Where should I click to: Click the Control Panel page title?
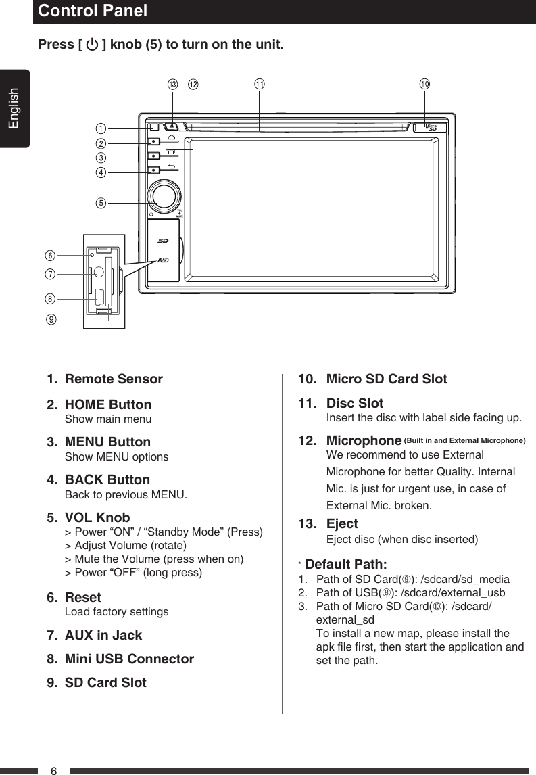click(93, 11)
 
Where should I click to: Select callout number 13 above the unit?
click(172, 85)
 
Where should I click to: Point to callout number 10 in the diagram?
click(424, 85)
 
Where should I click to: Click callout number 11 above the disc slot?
click(260, 85)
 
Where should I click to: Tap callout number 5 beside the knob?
click(101, 202)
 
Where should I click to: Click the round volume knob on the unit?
click(164, 195)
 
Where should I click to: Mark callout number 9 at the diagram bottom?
click(51, 319)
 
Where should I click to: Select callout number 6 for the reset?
click(51, 256)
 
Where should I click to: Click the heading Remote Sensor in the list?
click(114, 379)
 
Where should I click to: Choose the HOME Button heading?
click(108, 405)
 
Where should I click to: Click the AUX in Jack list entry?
click(103, 636)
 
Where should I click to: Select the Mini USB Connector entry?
click(129, 659)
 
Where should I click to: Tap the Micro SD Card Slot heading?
click(387, 379)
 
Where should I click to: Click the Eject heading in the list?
click(342, 524)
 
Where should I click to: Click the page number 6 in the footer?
click(54, 770)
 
